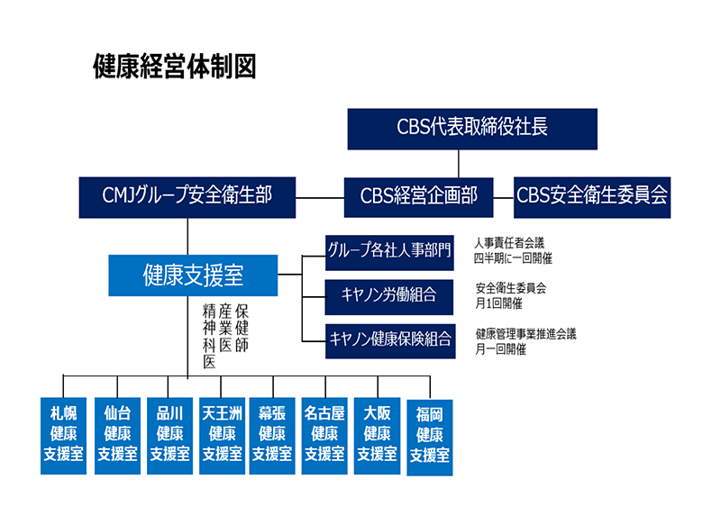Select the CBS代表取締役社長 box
[x=472, y=128]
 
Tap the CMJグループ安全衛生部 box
[x=187, y=195]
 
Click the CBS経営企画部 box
[x=418, y=195]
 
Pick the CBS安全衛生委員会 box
[x=591, y=195]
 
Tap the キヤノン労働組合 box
[x=389, y=294]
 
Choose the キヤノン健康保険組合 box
[x=389, y=339]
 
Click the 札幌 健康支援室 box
[x=63, y=435]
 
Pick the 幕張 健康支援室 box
[x=272, y=435]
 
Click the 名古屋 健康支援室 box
[x=324, y=435]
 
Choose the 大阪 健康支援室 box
[x=377, y=435]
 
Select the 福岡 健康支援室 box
[x=429, y=437]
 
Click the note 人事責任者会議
[x=509, y=243]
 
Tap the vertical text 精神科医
[x=209, y=336]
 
